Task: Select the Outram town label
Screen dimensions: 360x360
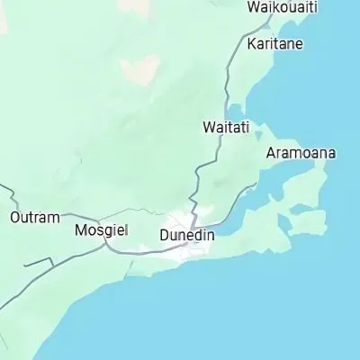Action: (34, 218)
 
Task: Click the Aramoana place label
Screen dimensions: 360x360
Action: (301, 153)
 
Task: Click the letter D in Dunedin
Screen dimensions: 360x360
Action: (163, 235)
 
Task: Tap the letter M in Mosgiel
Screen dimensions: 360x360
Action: (79, 230)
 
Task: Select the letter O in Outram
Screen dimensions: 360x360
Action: (14, 218)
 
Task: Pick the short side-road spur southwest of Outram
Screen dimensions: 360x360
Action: (36, 263)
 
